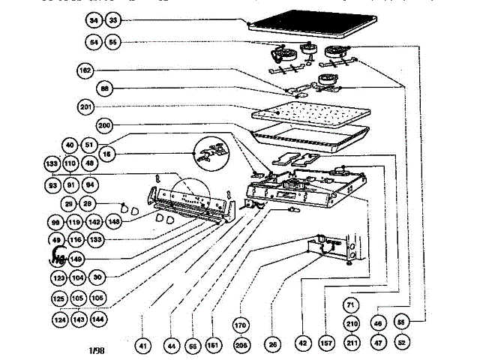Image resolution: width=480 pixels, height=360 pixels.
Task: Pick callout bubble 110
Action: pyautogui.click(x=70, y=163)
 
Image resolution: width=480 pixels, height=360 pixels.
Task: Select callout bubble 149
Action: pyautogui.click(x=76, y=259)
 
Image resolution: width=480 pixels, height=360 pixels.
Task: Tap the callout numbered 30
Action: pyautogui.click(x=97, y=277)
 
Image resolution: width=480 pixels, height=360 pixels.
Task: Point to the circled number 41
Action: pyautogui.click(x=143, y=346)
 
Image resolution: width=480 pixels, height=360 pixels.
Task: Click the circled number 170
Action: pyautogui.click(x=241, y=327)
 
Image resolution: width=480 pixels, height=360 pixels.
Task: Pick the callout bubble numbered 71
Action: pyautogui.click(x=352, y=304)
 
